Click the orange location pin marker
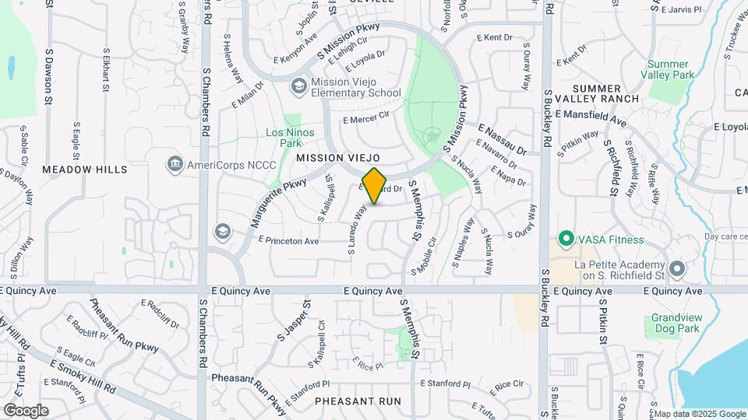pos(375,186)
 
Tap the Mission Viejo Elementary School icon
pos(298,85)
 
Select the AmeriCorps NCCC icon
pos(174,164)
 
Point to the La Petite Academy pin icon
pos(677,270)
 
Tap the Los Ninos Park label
pos(290,138)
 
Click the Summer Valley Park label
pos(668,69)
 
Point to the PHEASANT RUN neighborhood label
pos(358,401)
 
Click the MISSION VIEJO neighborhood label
pos(338,158)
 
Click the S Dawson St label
pos(48,78)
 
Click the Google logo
pos(26,410)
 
